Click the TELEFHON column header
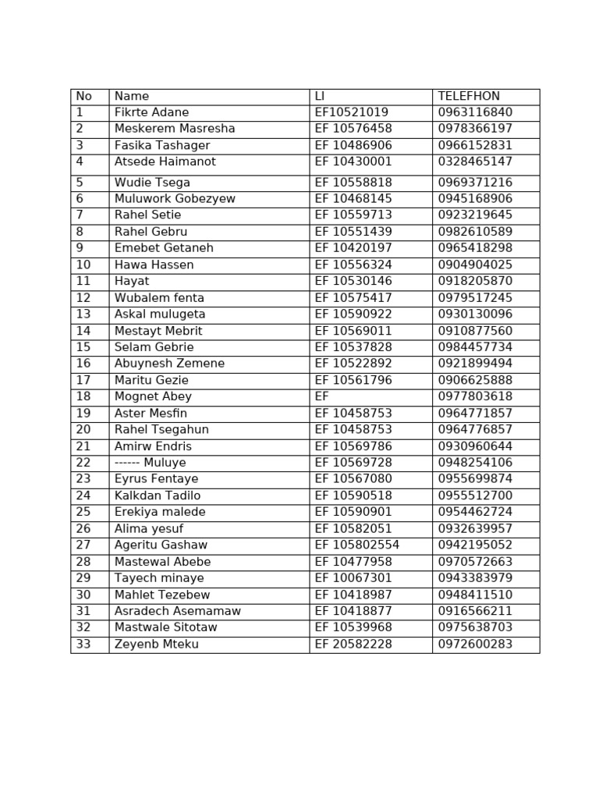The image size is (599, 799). point(469,96)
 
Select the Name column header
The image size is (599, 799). point(132,96)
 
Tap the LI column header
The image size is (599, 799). point(319,96)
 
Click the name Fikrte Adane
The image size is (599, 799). point(151,112)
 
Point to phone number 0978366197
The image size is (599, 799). point(475,129)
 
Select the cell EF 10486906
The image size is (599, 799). point(353,145)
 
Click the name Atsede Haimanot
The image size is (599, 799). point(165,162)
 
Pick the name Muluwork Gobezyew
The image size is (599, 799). point(175,199)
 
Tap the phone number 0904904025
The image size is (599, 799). point(475,265)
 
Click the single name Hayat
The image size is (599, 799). point(132,281)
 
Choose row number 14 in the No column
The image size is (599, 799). point(83,331)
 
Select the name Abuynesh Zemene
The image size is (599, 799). point(169,364)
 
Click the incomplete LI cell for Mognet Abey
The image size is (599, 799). point(322,396)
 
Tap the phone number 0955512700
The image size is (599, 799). point(475,495)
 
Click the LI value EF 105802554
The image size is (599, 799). point(356,545)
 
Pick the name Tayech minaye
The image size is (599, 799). point(159,578)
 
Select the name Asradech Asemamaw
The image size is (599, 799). point(178,611)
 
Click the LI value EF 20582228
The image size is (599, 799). point(353,645)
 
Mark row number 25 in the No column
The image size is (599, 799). point(83,512)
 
